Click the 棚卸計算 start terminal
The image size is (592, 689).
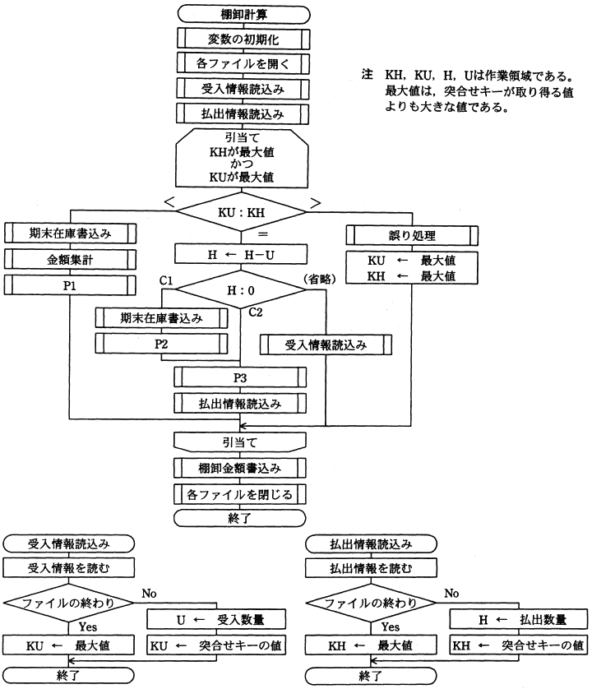coord(241,14)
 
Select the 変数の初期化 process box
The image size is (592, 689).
coord(241,39)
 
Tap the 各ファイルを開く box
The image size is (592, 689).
coord(241,63)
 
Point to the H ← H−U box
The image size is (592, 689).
coord(240,254)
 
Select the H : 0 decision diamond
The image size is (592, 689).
coord(240,289)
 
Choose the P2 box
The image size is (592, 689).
coord(161,343)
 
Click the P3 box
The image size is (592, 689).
coord(240,377)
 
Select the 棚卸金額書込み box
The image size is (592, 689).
coord(240,469)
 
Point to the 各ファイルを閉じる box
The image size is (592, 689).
coord(240,494)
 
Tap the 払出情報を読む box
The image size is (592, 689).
coord(370,568)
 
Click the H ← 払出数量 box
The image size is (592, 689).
coord(517,619)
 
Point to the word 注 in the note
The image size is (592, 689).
coord(367,74)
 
